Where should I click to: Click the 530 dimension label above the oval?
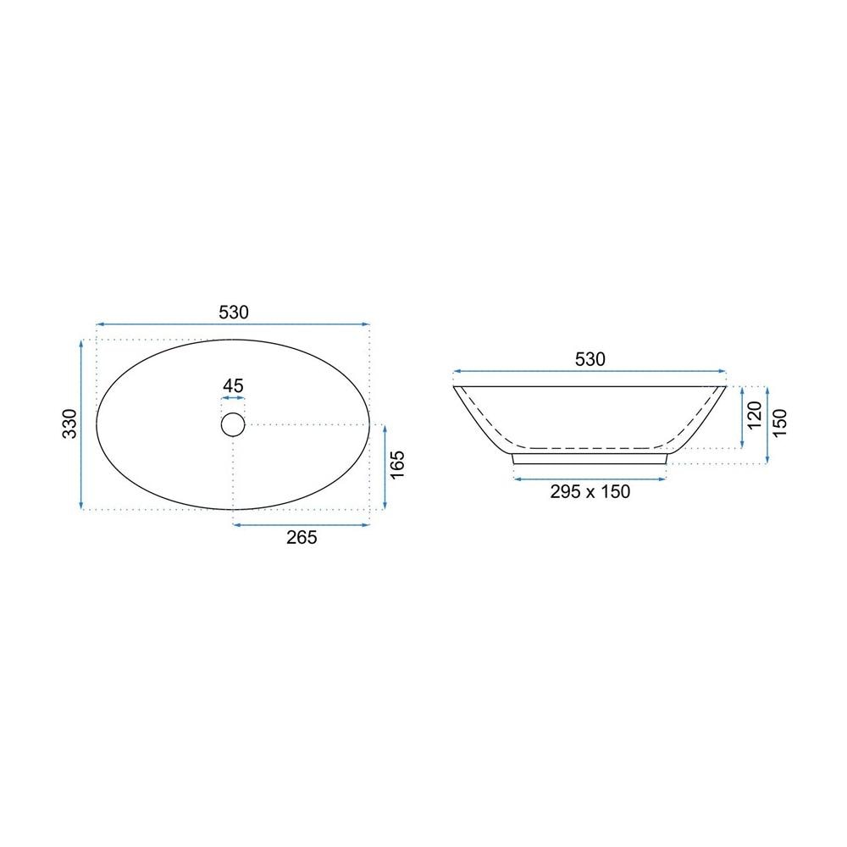[x=234, y=313]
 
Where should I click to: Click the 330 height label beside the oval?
[x=70, y=423]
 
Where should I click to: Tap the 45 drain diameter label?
[x=233, y=385]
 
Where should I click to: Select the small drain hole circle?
[x=233, y=424]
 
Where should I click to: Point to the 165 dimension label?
[x=397, y=464]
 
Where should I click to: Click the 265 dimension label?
[x=302, y=538]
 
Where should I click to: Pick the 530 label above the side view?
[x=590, y=359]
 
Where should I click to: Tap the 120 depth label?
[x=754, y=415]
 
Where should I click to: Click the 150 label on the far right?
[x=780, y=423]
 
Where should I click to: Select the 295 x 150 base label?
[x=590, y=491]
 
